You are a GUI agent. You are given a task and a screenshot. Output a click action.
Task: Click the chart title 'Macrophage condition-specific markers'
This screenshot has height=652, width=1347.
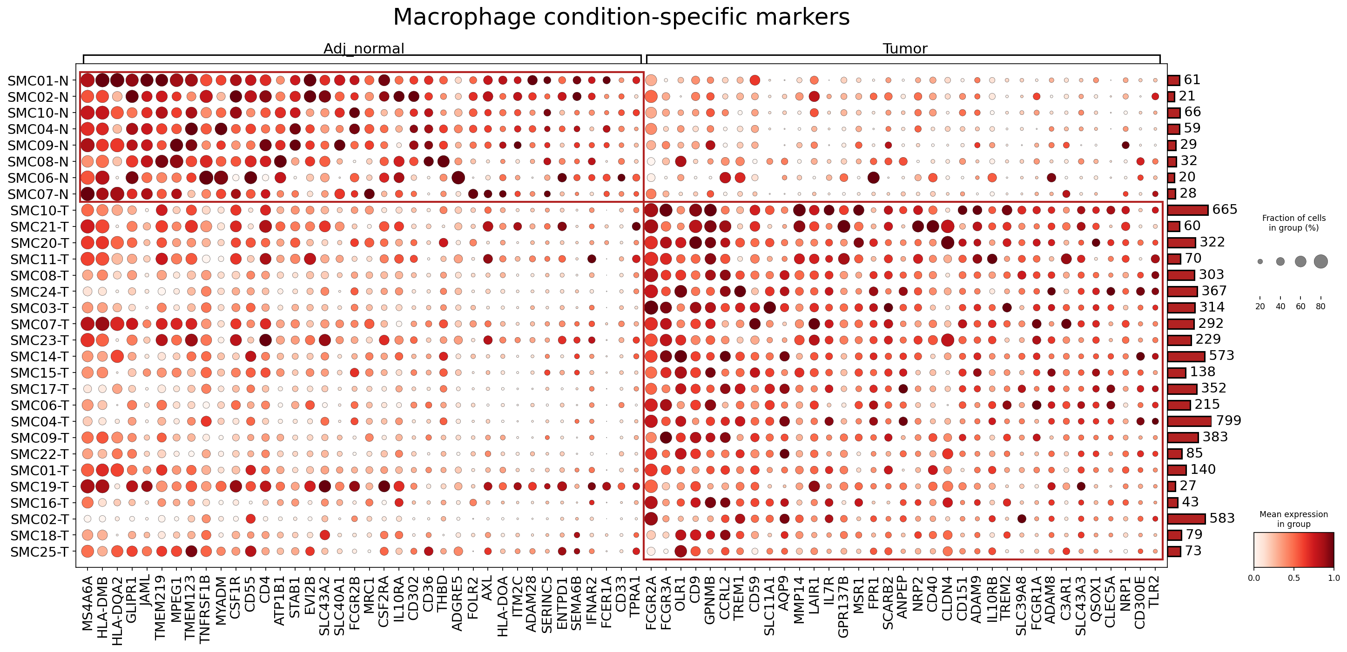pos(621,17)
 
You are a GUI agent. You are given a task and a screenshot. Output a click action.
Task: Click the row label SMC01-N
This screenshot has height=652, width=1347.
pos(38,80)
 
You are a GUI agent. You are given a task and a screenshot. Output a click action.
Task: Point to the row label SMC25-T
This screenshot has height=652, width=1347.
pos(39,552)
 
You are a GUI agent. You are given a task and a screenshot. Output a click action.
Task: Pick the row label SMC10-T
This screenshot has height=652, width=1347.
pos(39,211)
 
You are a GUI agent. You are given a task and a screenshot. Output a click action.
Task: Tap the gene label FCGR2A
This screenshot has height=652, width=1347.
pos(651,604)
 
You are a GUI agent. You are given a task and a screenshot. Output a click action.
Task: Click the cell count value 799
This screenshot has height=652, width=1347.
pos(1228,420)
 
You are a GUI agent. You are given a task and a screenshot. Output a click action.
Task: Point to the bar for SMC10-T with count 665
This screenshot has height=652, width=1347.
pos(1188,210)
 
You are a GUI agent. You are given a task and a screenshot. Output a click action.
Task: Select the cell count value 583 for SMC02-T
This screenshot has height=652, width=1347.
pos(1222,518)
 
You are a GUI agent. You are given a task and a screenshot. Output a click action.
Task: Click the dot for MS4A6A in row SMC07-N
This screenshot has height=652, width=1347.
pos(88,194)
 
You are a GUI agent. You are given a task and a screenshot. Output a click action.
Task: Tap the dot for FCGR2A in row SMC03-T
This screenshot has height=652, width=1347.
pos(651,307)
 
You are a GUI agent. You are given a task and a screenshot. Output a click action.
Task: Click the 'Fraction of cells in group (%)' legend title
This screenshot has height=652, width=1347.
pos(1293,223)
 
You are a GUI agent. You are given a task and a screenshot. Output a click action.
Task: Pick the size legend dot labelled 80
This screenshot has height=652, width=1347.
pos(1321,261)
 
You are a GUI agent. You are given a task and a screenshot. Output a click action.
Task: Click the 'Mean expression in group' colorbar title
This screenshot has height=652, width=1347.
pos(1293,519)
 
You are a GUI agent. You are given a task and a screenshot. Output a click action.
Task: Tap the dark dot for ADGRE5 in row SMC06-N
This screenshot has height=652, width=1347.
pos(458,178)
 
